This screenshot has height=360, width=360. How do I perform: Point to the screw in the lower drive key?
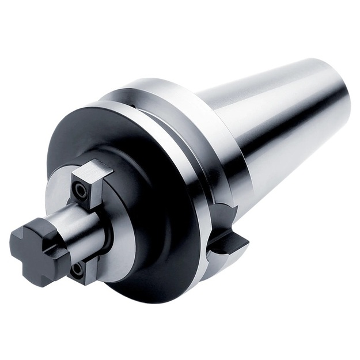tap(77, 268)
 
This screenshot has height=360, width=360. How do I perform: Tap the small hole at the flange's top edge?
tap(132, 105)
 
